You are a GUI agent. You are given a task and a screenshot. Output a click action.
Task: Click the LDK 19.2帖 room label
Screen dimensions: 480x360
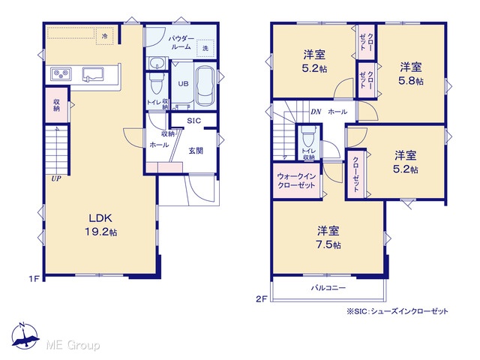(100, 225)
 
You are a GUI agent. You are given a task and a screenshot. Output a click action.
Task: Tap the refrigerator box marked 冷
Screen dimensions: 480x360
(105, 36)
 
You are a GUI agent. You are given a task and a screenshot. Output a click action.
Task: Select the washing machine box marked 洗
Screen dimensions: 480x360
(205, 48)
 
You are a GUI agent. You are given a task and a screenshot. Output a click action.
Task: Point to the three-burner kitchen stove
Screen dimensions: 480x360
(61, 74)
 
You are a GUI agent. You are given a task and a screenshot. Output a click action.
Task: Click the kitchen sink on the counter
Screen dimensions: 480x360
(93, 75)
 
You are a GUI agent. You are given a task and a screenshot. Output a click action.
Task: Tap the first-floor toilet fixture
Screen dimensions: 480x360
(156, 84)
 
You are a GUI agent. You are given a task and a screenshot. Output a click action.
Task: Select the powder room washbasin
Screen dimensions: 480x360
(157, 64)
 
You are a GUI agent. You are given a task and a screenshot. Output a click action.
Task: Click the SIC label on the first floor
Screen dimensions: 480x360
(194, 121)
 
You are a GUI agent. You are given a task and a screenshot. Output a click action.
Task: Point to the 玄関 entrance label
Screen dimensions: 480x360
(196, 151)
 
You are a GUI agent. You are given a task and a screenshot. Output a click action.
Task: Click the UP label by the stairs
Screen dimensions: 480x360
(56, 178)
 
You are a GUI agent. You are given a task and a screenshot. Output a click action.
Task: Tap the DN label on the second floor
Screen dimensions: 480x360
(316, 112)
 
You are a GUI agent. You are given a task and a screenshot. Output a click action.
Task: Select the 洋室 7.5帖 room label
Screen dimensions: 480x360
(328, 237)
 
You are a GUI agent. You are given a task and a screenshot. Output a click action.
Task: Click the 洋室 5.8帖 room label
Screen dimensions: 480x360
(411, 73)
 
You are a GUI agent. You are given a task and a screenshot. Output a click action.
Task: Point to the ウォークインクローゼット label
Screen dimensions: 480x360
(296, 181)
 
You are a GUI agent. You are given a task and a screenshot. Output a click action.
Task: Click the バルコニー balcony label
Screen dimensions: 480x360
(328, 288)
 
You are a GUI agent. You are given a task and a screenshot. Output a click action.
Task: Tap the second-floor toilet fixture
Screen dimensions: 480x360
(308, 136)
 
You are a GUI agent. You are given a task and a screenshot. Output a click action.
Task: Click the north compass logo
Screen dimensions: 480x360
(25, 336)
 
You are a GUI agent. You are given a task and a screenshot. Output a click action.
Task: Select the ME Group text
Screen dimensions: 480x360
(73, 345)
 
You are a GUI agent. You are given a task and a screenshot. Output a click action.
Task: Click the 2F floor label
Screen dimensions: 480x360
(262, 299)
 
